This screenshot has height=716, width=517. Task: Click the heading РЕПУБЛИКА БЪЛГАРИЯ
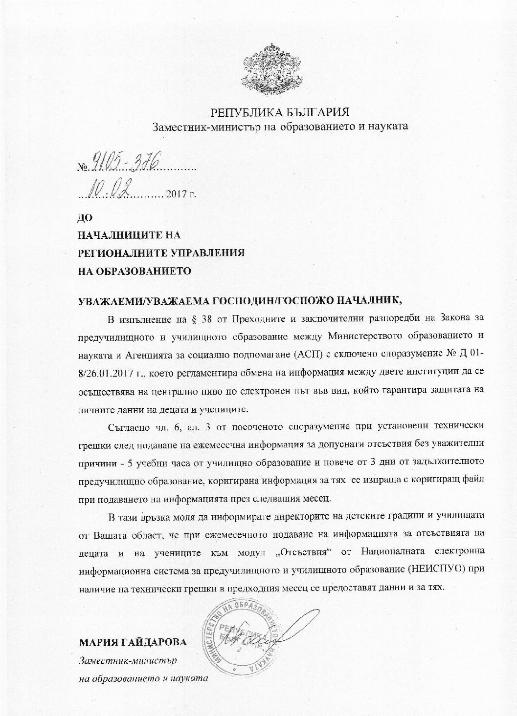coord(280,112)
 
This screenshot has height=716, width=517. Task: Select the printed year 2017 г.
coord(181,194)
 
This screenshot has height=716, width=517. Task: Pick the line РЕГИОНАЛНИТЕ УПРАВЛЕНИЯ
coord(162,253)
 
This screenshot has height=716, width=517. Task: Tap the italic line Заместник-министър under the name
coord(128,661)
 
